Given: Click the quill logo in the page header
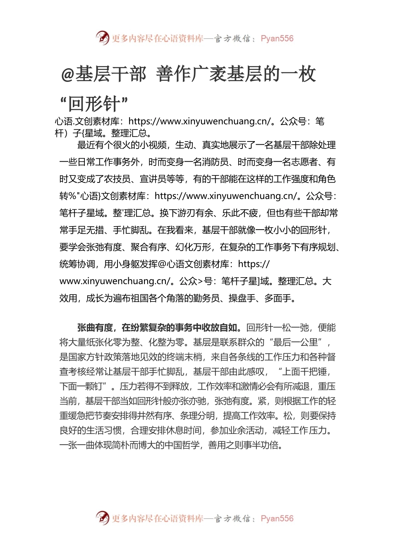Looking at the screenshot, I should point(102,38).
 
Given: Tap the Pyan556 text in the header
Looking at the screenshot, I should point(277,38).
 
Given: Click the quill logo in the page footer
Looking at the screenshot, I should point(102,518).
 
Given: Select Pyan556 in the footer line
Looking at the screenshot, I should point(277,518).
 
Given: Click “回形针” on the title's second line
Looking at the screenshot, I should point(94,103).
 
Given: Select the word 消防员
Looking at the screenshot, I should point(212,162).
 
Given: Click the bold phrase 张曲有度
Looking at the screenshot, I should point(95,328).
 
